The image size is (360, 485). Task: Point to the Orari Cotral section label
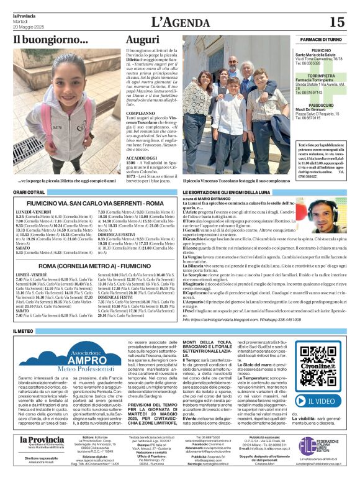[x=29, y=193]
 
